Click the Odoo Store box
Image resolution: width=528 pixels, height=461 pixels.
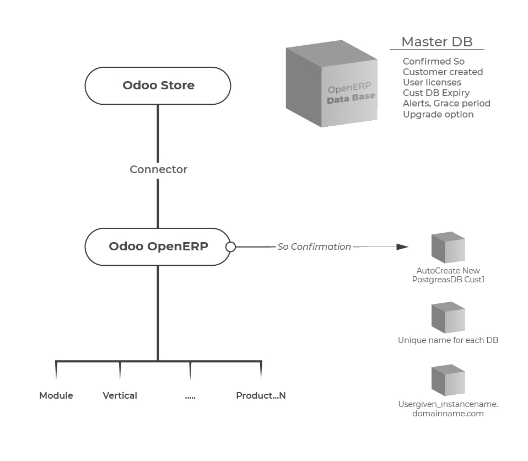(158, 85)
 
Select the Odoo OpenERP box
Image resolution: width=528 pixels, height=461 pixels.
(158, 246)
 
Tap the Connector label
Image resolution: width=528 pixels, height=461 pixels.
(158, 169)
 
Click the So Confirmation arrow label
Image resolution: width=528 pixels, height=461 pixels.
(314, 246)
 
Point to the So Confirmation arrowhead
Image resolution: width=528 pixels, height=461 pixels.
(402, 247)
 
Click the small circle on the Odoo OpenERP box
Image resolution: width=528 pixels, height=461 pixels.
(231, 247)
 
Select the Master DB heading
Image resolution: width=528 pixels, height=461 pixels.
(437, 42)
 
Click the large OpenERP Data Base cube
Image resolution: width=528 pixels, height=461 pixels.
(332, 84)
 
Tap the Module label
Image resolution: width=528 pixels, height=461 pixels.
(56, 395)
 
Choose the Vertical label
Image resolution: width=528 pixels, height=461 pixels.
(120, 395)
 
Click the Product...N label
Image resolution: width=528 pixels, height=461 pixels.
(261, 395)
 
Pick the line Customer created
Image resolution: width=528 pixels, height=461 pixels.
(443, 72)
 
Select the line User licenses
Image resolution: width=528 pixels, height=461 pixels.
(432, 82)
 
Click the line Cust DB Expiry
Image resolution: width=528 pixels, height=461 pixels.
(436, 93)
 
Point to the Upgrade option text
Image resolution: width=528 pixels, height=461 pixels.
(438, 114)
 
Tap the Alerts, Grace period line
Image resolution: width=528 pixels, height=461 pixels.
(446, 103)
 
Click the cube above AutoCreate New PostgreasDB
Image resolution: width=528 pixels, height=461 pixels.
(448, 248)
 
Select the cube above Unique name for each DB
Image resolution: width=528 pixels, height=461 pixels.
(448, 318)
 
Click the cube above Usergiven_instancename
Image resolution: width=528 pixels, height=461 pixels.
(448, 380)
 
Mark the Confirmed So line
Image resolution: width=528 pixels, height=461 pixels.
(434, 61)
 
